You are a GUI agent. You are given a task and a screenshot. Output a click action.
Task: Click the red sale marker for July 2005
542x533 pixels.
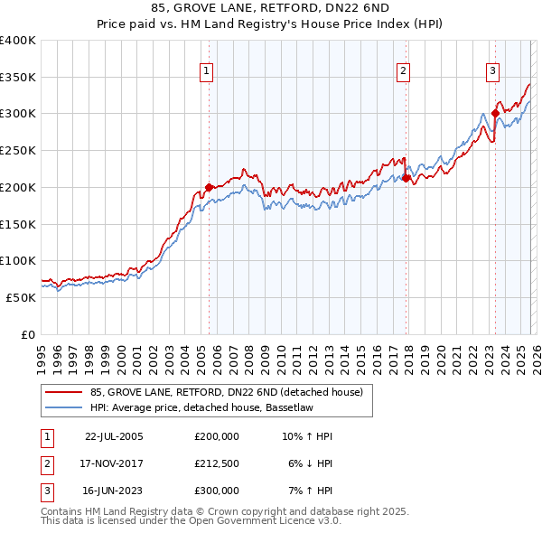coord(209,187)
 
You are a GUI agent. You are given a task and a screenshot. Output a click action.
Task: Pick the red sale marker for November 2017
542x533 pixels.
coord(406,178)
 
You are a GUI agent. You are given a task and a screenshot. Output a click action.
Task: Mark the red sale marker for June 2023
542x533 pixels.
coord(495,114)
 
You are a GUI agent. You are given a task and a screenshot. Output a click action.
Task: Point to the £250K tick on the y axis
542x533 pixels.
coord(18,150)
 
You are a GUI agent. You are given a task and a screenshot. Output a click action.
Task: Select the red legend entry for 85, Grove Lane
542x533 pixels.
coord(226,392)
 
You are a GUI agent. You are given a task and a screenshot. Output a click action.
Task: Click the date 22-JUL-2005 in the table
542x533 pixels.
coord(114,436)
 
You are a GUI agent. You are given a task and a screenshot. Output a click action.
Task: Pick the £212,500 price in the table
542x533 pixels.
coord(216,463)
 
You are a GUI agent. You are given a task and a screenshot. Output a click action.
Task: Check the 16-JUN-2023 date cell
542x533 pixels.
coord(114,491)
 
